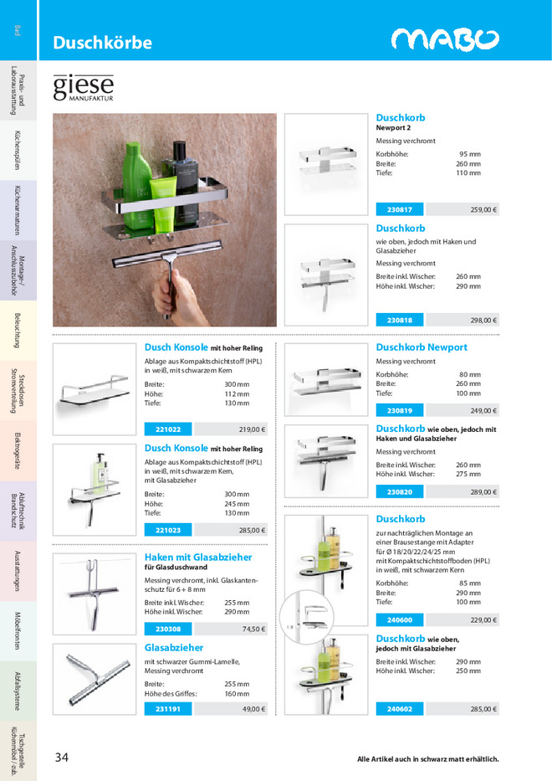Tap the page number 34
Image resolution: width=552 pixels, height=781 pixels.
coord(61,758)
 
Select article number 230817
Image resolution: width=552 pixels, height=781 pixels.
coord(399,210)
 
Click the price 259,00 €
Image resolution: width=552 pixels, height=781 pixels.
coord(483,210)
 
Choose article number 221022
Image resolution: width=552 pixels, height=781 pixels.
coord(168,429)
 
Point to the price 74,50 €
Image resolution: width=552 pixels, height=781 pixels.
coord(253,629)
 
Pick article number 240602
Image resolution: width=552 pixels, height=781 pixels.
coord(399,709)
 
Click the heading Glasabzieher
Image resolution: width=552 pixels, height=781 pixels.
coord(174,648)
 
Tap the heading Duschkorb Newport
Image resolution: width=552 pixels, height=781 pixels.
coord(422,347)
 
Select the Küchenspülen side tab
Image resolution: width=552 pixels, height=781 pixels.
coord(18,151)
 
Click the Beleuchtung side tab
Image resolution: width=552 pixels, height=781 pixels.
coord(18,331)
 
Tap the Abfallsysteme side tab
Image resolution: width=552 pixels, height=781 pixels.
coord(18,691)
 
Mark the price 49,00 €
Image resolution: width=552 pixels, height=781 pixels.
coord(253,709)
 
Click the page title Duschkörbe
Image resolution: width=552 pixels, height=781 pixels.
coord(102,43)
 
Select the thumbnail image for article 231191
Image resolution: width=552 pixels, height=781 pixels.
coord(93,678)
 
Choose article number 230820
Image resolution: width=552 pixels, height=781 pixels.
coord(399,492)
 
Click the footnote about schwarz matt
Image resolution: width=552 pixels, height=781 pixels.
coord(427,759)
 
